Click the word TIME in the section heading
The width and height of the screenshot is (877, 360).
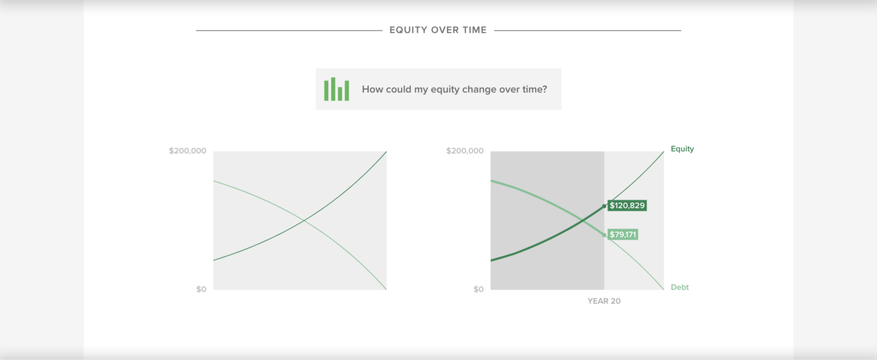click(x=474, y=30)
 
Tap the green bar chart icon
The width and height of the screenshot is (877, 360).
click(x=336, y=89)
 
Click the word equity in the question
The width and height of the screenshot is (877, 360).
click(x=445, y=90)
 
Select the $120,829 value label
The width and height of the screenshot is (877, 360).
click(x=627, y=205)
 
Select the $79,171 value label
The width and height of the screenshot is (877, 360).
click(x=623, y=234)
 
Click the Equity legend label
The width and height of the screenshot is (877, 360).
click(x=682, y=149)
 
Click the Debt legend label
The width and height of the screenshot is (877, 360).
click(x=680, y=287)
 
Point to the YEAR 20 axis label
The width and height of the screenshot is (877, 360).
click(x=604, y=301)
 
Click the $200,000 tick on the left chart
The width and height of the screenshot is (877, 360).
click(x=187, y=151)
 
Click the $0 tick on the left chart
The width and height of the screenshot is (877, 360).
click(x=201, y=289)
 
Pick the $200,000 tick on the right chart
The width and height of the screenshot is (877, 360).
click(x=465, y=151)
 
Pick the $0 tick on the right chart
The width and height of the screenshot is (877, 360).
click(x=479, y=289)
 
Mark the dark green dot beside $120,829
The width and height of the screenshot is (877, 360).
click(x=604, y=206)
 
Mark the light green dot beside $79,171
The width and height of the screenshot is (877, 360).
click(x=604, y=235)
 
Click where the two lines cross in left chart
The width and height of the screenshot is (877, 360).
click(x=304, y=221)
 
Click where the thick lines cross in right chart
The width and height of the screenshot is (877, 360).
click(x=582, y=221)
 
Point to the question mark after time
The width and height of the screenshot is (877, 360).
click(x=544, y=89)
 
